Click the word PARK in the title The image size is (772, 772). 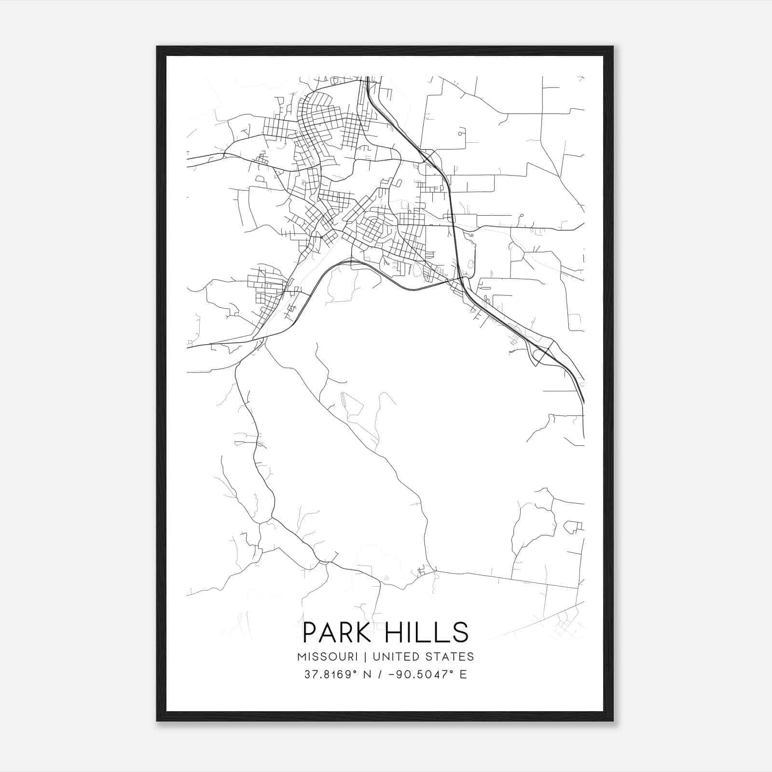click(x=337, y=633)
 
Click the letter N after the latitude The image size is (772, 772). click(x=371, y=675)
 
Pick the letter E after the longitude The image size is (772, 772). click(x=463, y=675)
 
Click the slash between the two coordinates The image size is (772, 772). click(x=384, y=675)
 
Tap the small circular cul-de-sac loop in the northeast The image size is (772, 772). click(x=462, y=132)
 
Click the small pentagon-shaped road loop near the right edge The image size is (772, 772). click(x=572, y=527)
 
